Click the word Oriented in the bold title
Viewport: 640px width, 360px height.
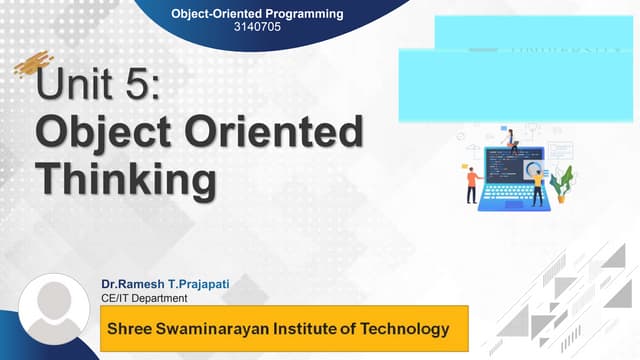tap(284, 133)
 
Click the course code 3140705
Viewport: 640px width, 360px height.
tap(256, 28)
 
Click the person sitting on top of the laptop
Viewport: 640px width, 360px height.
tap(510, 140)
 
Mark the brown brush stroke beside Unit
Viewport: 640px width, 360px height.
tap(30, 66)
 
